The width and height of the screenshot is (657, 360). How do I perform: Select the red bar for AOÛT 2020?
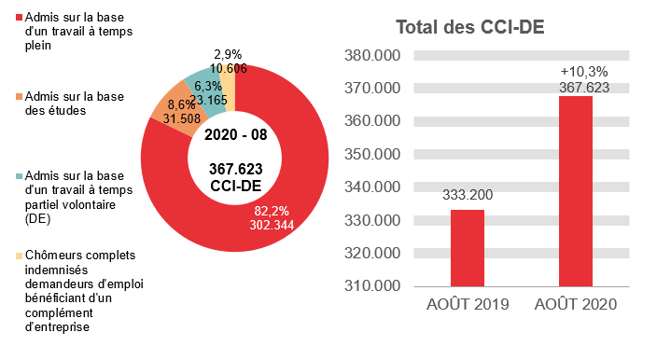[x=576, y=191]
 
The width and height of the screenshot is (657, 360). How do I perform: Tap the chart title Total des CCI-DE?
[x=469, y=27]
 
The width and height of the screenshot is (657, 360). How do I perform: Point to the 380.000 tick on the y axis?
[x=372, y=55]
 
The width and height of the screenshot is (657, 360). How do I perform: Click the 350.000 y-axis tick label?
[x=372, y=154]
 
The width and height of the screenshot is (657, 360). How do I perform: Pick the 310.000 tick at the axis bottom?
[x=372, y=285]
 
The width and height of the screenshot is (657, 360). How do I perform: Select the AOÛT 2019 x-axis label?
[x=468, y=305]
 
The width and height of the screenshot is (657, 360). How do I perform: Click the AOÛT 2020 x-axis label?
[x=576, y=305]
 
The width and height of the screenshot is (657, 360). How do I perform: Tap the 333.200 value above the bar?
[x=468, y=196]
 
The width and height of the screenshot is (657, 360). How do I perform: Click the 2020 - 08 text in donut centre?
[x=235, y=134]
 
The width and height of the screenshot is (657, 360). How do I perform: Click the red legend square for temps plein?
[x=20, y=18]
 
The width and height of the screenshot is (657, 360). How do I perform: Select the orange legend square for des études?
[x=20, y=96]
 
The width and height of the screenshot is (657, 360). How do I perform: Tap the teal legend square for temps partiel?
[x=20, y=174]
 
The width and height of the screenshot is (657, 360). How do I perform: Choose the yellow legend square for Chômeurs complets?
[x=20, y=253]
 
